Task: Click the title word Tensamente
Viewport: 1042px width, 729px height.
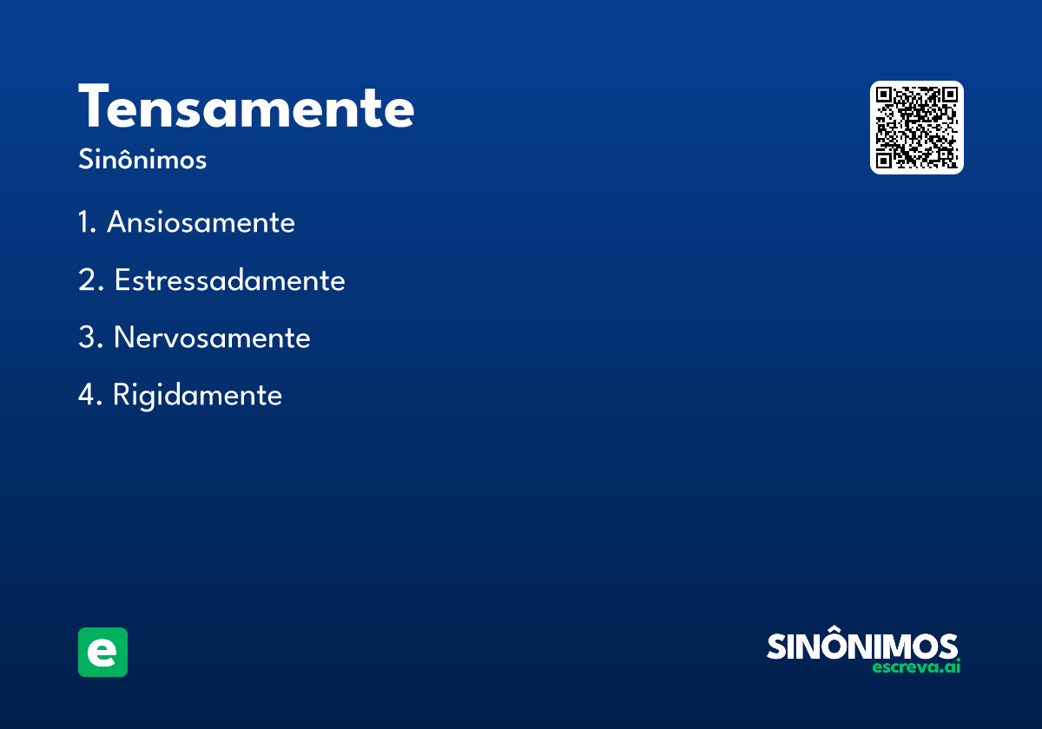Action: tap(247, 108)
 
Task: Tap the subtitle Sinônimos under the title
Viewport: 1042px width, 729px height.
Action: tap(142, 161)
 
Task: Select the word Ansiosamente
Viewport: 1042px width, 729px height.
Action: tap(201, 223)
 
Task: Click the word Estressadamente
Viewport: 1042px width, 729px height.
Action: tap(229, 280)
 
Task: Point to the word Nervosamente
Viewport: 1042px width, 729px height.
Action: tap(212, 338)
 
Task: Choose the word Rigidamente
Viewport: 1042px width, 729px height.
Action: tap(197, 395)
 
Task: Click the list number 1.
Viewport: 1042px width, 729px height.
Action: tap(85, 223)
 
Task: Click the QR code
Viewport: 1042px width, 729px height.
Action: tap(917, 128)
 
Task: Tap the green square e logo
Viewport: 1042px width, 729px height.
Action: tap(102, 652)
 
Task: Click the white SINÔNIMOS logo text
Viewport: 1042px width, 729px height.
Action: tap(862, 647)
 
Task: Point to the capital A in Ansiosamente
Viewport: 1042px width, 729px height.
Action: tap(117, 223)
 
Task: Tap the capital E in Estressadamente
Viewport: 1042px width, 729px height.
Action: tap(122, 280)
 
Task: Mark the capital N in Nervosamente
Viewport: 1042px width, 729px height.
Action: tap(124, 338)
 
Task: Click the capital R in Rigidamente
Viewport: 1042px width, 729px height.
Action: tap(122, 395)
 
